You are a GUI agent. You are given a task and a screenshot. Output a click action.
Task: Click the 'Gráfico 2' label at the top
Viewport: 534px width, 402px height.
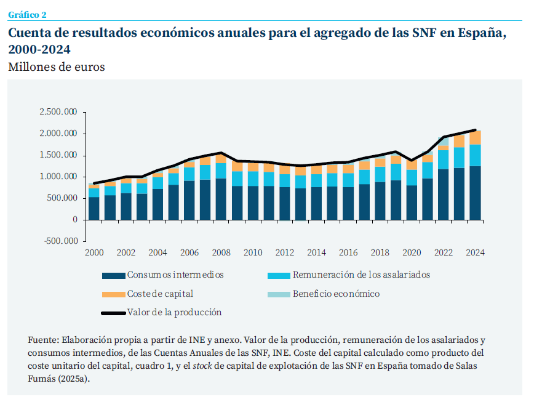27,15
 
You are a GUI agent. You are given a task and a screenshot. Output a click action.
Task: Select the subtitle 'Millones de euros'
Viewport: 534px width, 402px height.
57,67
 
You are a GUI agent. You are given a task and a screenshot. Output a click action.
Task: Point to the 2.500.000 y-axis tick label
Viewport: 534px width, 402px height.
58,112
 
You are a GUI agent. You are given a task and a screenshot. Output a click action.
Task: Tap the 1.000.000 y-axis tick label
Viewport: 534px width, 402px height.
58,177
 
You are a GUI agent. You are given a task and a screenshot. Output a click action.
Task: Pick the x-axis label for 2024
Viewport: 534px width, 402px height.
475,252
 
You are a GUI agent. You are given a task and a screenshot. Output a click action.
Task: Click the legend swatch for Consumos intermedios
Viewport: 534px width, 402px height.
114,275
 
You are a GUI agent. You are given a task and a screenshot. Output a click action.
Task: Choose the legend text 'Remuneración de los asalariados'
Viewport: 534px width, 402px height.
361,275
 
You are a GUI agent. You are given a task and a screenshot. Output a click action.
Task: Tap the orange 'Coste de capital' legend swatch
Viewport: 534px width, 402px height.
114,294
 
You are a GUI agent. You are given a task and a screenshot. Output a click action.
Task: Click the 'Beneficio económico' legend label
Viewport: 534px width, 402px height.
336,294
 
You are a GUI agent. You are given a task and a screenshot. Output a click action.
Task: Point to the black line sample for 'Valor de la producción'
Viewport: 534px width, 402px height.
114,313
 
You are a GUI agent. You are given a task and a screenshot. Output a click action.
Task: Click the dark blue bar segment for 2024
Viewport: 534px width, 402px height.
476,193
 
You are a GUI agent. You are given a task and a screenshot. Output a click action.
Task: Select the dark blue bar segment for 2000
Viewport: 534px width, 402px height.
94,208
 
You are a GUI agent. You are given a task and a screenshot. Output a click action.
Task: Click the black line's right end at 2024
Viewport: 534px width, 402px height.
476,130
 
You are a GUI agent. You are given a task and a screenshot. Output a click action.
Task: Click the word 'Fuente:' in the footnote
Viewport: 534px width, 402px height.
43,340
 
